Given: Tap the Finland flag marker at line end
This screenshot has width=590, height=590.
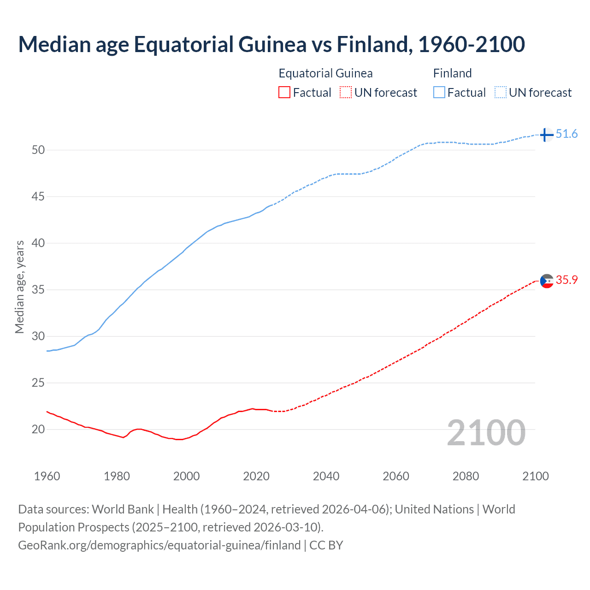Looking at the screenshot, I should pos(546,135).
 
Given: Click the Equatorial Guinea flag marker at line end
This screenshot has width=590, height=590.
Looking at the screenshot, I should pos(547,281).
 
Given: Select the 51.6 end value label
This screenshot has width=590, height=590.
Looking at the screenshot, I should pos(566,134).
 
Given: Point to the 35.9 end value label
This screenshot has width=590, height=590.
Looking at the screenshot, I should pos(566,280).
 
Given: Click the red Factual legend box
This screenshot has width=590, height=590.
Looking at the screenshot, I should pos(284,93).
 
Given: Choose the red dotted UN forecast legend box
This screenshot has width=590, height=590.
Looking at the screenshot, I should pos(346,93).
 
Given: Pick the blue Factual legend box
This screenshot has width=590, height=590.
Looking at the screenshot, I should pos(439,93).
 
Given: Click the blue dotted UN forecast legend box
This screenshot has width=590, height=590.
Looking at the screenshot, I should pos(501,93).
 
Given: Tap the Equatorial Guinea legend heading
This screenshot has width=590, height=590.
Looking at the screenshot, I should pos(325,73).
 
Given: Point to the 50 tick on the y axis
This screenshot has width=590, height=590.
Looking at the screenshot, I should pos(38,150).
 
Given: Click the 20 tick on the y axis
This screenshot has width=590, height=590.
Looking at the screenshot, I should pos(38,430).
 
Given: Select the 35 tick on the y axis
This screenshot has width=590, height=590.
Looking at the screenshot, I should pos(38,290).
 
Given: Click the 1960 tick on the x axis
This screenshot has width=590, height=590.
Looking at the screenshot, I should pos(47,476).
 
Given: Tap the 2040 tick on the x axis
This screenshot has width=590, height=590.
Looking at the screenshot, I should pos(326,476).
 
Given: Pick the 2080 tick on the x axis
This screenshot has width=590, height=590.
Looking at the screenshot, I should pos(466,476).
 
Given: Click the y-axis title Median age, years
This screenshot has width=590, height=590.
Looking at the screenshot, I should pos(19,287).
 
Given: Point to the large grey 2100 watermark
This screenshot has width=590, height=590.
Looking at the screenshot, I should pos(486,433).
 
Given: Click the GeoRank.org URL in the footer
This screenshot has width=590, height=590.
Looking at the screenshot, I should pos(159,545).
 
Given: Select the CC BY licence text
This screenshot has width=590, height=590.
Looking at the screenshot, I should pos(326,545).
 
